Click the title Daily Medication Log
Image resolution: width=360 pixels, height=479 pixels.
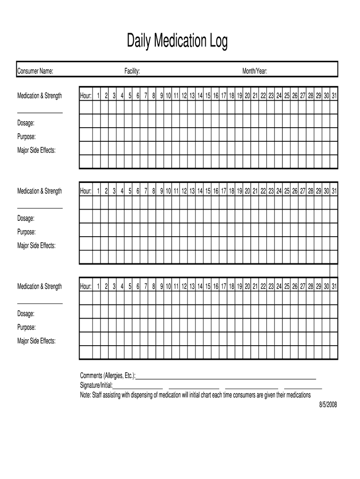point(177,42)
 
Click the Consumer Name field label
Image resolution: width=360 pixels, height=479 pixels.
point(35,71)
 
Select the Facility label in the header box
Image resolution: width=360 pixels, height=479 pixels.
point(132,71)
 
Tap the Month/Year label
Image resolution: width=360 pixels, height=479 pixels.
point(254,71)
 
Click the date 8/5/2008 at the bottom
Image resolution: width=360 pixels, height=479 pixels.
point(328,405)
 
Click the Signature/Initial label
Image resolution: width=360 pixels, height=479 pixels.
point(96,385)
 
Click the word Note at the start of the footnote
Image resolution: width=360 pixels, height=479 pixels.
point(86,395)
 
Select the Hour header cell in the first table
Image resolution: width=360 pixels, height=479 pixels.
point(86,96)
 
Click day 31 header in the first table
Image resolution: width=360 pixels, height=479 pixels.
point(334,96)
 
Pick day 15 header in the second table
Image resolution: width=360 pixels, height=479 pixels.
point(208,191)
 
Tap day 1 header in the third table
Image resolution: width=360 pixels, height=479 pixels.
point(98,287)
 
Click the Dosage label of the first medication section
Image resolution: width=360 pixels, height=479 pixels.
point(26,123)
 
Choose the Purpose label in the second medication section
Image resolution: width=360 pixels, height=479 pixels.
point(26,232)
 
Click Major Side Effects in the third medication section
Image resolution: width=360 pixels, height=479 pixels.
point(36,341)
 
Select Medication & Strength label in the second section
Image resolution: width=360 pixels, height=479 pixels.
point(39,191)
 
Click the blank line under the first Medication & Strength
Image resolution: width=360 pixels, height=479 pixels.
point(40,112)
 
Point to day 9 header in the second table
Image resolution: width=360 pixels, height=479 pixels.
point(161,191)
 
